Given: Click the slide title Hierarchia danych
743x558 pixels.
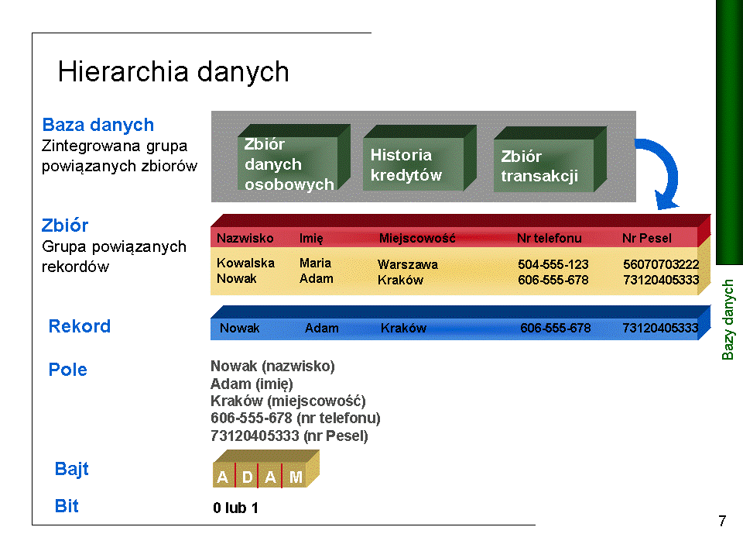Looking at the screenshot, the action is pyautogui.click(x=173, y=72).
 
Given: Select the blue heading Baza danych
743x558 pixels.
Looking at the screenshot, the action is pyautogui.click(x=98, y=125).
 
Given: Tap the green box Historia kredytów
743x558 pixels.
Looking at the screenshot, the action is pyautogui.click(x=419, y=158).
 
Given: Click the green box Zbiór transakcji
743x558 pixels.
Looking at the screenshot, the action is pyautogui.click(x=550, y=160).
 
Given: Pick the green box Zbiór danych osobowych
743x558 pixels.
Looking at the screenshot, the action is pyautogui.click(x=294, y=157).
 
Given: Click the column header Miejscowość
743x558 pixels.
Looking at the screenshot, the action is pyautogui.click(x=417, y=238).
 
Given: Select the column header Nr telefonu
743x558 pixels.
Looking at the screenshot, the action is pyautogui.click(x=550, y=238).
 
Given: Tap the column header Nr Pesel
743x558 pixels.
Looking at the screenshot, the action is pyautogui.click(x=647, y=238).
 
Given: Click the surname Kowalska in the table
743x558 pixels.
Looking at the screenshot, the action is pyautogui.click(x=245, y=263).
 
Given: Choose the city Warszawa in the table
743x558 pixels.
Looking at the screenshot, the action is pyautogui.click(x=408, y=264).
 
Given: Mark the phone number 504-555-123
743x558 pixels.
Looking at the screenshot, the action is pyautogui.click(x=553, y=264).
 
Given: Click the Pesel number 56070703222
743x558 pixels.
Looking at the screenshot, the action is pyautogui.click(x=661, y=264).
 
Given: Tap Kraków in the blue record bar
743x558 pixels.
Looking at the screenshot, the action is pyautogui.click(x=403, y=328).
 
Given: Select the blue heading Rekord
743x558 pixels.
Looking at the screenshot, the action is pyautogui.click(x=80, y=326).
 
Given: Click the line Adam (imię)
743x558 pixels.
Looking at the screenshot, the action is pyautogui.click(x=252, y=384).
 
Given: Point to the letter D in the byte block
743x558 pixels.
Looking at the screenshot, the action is pyautogui.click(x=247, y=477).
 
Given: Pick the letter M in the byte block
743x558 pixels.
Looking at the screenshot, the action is pyautogui.click(x=296, y=477).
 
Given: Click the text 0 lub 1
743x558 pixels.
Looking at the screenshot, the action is pyautogui.click(x=235, y=508).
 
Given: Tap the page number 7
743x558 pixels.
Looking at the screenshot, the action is pyautogui.click(x=722, y=521).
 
